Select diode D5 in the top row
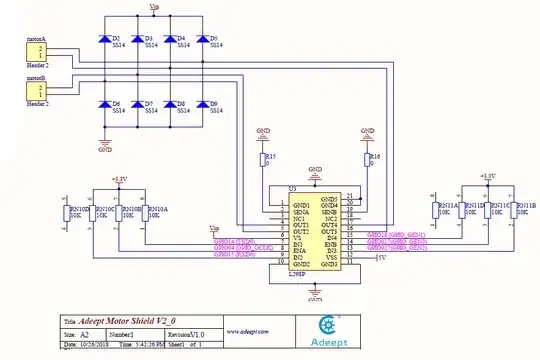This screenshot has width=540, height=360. [201, 40]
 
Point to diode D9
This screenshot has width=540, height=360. [201, 103]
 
